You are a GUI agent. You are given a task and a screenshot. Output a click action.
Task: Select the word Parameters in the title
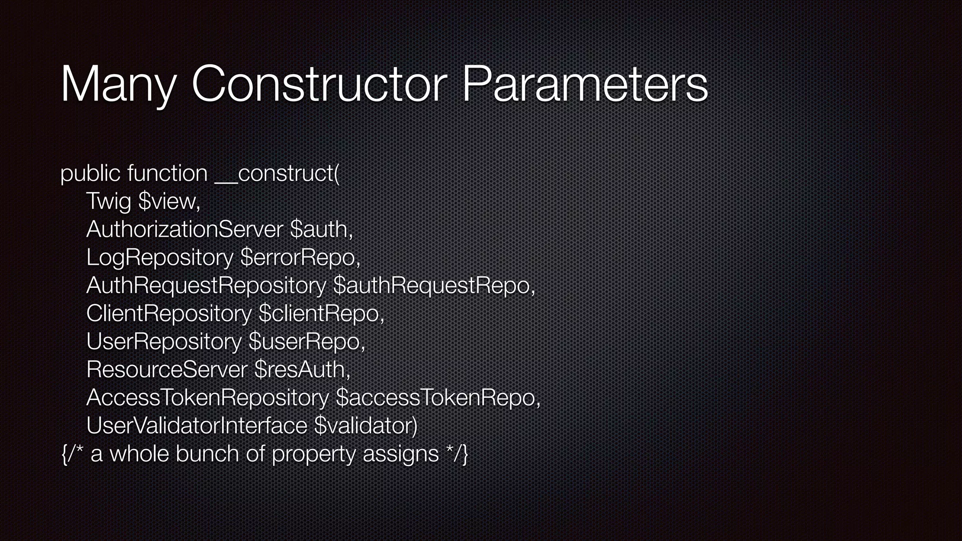click(x=585, y=85)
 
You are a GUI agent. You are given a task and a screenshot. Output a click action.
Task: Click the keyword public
click(x=90, y=174)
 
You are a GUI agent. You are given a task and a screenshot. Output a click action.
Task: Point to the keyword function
click(x=167, y=174)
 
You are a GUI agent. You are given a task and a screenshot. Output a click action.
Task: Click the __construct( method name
click(x=277, y=174)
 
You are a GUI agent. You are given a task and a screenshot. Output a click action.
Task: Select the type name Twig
click(x=109, y=202)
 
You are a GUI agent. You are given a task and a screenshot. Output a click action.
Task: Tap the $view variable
click(x=170, y=202)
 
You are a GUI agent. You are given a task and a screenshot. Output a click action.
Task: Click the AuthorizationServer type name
click(x=185, y=230)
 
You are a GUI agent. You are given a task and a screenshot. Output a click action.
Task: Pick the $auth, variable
click(x=321, y=230)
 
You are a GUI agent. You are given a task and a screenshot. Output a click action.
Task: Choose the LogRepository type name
click(x=160, y=258)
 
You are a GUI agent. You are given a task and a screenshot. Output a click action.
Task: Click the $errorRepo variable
click(x=300, y=258)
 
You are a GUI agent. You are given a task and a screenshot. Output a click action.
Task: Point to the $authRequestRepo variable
click(x=434, y=286)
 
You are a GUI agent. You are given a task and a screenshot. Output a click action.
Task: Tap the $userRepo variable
click(x=307, y=341)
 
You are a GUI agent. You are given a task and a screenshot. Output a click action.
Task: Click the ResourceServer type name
click(x=167, y=370)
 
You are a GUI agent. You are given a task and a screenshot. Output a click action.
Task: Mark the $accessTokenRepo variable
click(x=438, y=398)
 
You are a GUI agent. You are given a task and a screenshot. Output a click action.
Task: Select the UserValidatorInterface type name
click(x=197, y=426)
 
